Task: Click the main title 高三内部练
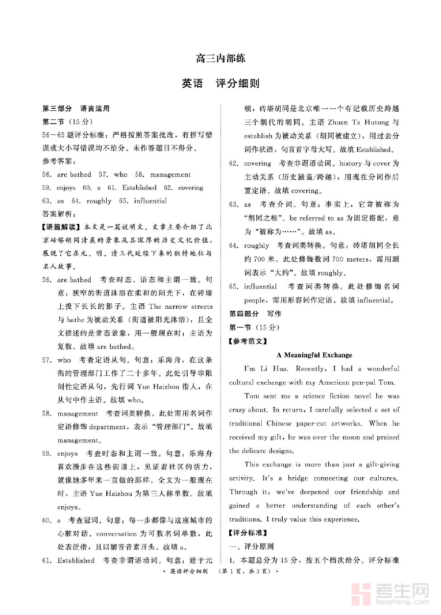click(x=220, y=59)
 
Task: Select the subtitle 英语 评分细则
click(x=220, y=84)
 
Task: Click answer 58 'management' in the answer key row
click(x=171, y=174)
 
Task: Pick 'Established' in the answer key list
click(x=139, y=188)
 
